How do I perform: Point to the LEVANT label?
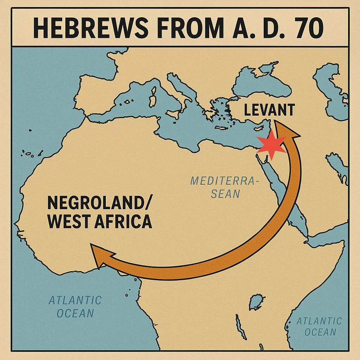click(x=269, y=110)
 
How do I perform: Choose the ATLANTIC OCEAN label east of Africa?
click(x=319, y=326)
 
